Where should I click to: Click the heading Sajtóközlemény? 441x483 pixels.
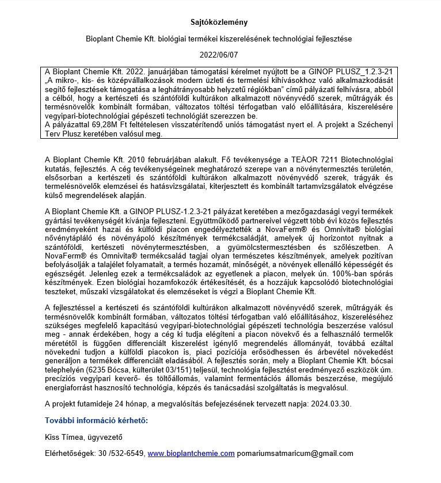219,22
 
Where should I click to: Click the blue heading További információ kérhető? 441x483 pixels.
96,420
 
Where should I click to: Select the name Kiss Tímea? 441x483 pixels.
65,437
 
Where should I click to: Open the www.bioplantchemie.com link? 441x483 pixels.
191,454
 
